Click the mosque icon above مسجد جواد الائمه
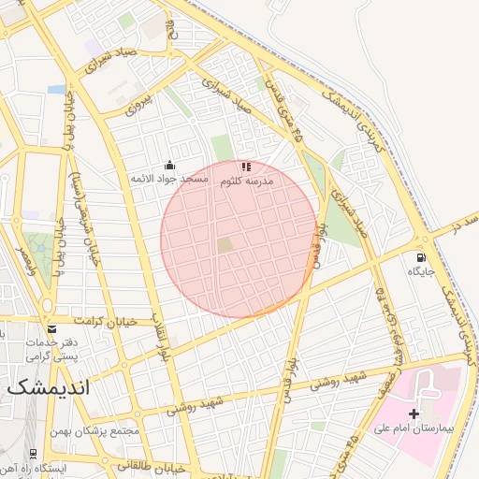click(169, 165)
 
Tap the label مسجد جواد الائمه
click(169, 178)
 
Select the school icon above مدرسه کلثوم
click(245, 167)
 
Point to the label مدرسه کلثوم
click(246, 181)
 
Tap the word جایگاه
click(417, 271)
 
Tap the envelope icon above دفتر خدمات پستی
click(51, 329)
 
